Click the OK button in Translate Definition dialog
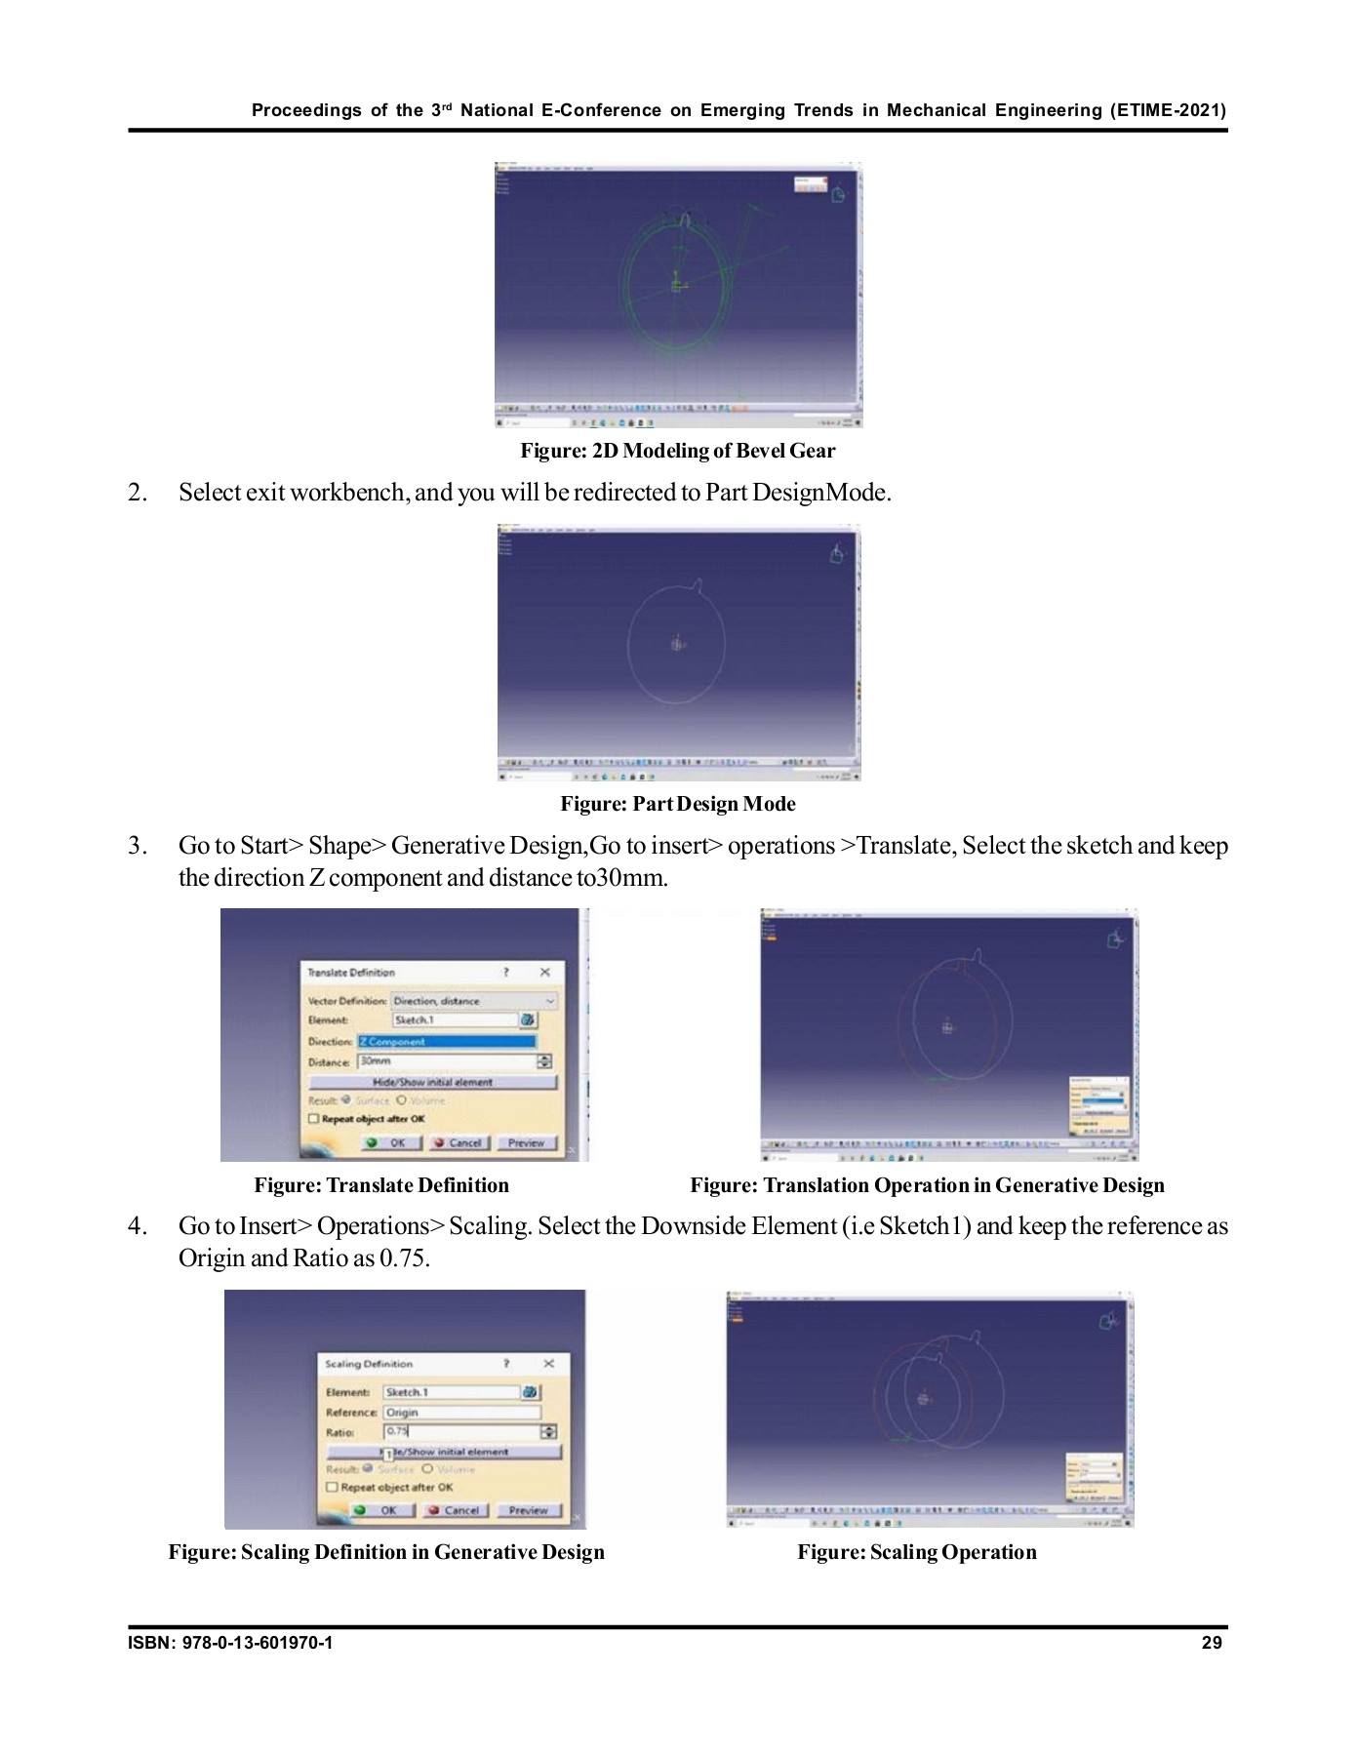click(x=388, y=1142)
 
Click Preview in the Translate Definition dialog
click(x=526, y=1142)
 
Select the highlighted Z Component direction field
click(x=447, y=1041)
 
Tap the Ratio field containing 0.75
click(x=461, y=1432)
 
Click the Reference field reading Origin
click(x=461, y=1413)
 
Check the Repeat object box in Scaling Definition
click(x=332, y=1488)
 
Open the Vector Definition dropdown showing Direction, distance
click(x=474, y=1001)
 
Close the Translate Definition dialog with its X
click(x=544, y=972)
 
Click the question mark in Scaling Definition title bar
click(x=506, y=1364)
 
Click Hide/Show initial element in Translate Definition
click(x=432, y=1082)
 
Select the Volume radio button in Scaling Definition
click(x=427, y=1469)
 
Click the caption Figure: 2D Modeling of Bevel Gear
click(x=677, y=451)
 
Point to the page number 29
click(x=1212, y=1643)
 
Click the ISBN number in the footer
click(x=230, y=1643)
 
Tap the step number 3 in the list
click(x=138, y=846)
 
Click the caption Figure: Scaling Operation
click(x=916, y=1552)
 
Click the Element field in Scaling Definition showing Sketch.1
click(x=451, y=1392)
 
